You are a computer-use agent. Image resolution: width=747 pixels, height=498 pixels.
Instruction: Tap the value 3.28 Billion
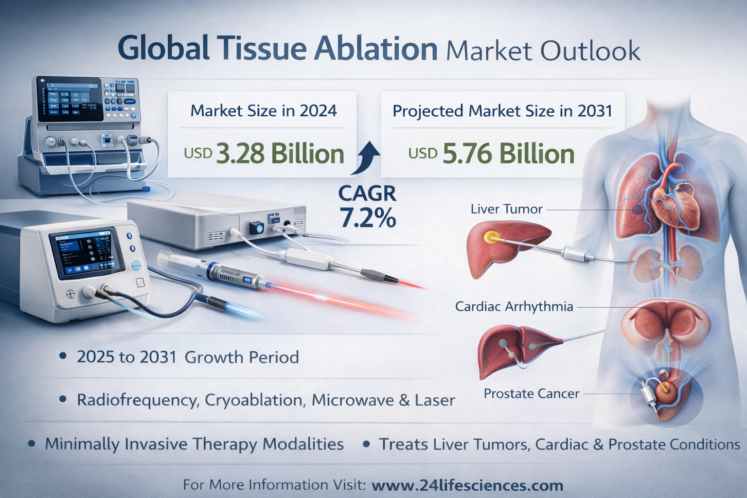coord(280,154)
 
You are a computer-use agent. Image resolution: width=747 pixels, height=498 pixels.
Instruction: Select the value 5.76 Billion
coord(509,154)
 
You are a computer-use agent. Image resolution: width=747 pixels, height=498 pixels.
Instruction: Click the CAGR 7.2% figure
coord(368,207)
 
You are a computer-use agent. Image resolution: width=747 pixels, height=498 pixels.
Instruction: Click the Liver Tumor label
coord(507,209)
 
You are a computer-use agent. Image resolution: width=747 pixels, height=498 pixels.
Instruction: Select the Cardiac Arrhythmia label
coord(514,306)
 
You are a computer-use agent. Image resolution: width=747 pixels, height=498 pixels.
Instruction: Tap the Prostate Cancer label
coord(532,393)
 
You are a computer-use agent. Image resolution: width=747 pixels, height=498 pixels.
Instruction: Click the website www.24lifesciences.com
coord(467,485)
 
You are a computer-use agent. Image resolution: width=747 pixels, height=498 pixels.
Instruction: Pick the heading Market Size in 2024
coord(264,111)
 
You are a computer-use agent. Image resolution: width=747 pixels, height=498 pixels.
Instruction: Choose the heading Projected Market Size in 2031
coord(502,111)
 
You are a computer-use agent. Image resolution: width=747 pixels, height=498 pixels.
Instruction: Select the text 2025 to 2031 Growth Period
coord(188,357)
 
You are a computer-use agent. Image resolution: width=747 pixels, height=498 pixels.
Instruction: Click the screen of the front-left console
coord(86,255)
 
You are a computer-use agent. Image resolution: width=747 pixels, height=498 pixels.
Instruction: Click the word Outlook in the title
coord(590,51)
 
